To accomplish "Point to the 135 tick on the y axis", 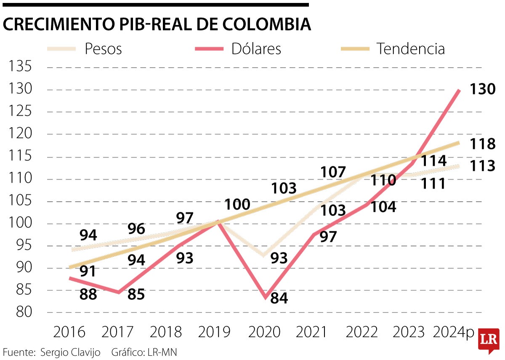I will [20, 67].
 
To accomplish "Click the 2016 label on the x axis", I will [69, 332].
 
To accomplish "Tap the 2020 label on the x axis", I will [264, 332].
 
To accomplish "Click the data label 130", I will [483, 89].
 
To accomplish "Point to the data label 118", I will [483, 144].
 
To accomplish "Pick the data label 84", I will [279, 298].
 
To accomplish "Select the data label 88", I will [88, 294].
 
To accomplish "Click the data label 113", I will [483, 166].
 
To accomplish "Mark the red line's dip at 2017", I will [119, 292].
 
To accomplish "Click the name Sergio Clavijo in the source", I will [70, 352].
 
